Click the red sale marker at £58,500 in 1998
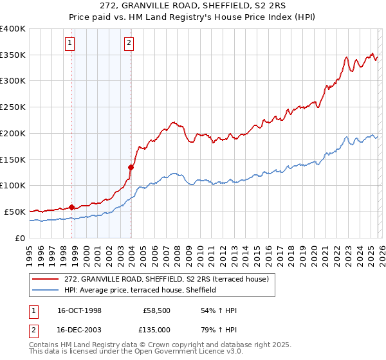pos(72,207)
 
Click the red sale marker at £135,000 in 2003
pos(131,167)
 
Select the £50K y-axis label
pos(14,212)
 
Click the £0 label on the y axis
pos(21,238)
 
